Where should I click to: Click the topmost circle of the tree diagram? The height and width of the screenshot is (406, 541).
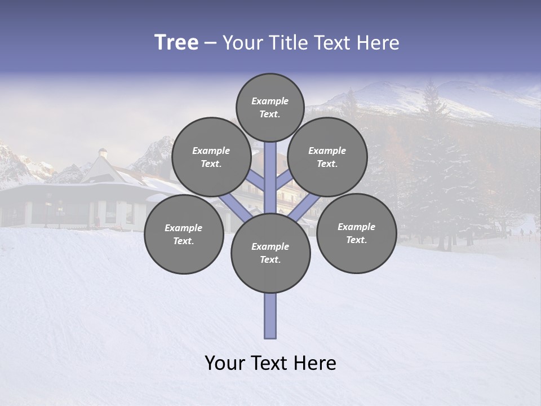[x=270, y=107]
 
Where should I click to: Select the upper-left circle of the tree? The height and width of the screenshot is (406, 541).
[x=211, y=157]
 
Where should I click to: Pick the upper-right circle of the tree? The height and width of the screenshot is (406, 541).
[x=327, y=157]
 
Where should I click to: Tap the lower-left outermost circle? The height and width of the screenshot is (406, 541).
[x=184, y=235]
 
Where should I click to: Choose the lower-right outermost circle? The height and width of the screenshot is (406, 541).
[x=356, y=233]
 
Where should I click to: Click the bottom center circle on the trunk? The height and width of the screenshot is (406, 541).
[x=270, y=253]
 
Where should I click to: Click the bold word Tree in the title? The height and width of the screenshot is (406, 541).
[x=176, y=42]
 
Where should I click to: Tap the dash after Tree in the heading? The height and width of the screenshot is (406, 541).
[x=210, y=43]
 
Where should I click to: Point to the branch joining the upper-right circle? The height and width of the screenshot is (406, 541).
[x=284, y=180]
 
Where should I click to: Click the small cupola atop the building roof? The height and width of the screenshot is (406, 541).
[x=103, y=153]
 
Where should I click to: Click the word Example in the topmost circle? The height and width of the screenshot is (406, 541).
[x=270, y=101]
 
